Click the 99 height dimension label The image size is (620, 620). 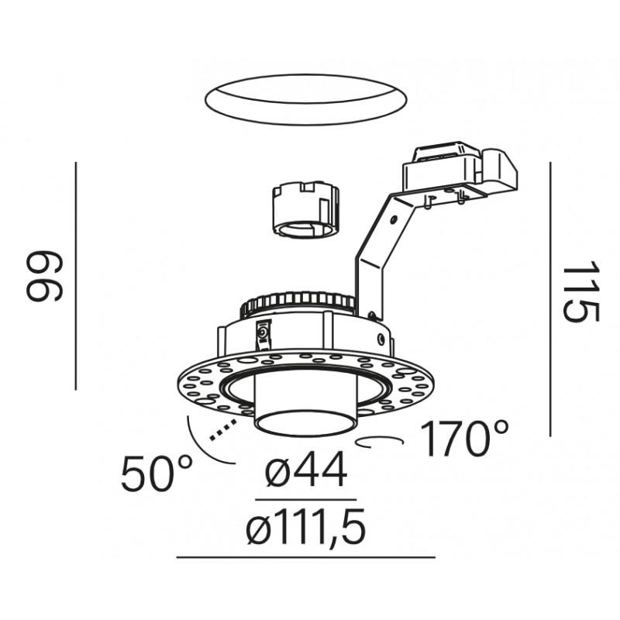point(44,276)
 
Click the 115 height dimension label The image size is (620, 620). point(580,292)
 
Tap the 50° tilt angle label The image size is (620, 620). point(157,474)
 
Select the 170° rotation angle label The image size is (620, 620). point(464,439)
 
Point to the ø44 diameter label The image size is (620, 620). point(306,470)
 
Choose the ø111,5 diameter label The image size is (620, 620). point(305,526)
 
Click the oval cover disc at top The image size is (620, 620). point(306,100)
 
